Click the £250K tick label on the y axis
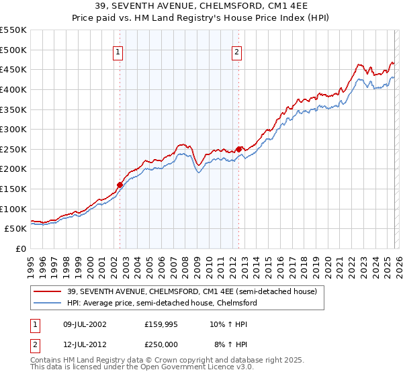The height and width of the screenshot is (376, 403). point(13,149)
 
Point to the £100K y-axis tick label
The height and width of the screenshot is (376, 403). point(13,209)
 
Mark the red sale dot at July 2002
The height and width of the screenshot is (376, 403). point(120,185)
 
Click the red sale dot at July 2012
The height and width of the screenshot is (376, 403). point(238,149)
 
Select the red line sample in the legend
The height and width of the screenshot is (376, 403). point(48,291)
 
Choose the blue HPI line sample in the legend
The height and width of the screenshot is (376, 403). point(48,303)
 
